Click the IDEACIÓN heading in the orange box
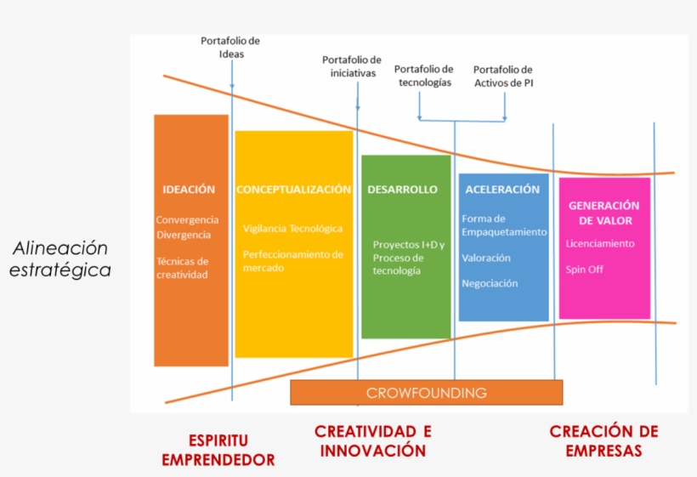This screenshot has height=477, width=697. (x=189, y=190)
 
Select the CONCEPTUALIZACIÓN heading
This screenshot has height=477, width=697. (x=293, y=190)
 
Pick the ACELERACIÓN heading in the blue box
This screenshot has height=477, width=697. (x=502, y=190)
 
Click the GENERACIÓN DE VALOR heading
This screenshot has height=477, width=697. (x=603, y=213)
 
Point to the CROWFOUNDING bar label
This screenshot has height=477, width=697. (x=426, y=393)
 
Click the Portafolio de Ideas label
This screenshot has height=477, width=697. (x=230, y=48)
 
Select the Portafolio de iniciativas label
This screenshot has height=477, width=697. (x=352, y=66)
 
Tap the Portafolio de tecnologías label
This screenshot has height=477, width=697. (x=424, y=76)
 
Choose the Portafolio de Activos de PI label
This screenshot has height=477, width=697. (x=503, y=77)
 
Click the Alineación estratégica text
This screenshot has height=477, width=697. (x=60, y=259)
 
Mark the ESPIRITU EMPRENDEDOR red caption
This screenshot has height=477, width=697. (x=218, y=451)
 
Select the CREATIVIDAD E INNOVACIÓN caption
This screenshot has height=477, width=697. (x=373, y=441)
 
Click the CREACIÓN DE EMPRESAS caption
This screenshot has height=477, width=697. (x=603, y=441)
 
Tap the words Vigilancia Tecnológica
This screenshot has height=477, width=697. (x=292, y=229)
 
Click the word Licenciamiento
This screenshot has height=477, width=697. (x=600, y=244)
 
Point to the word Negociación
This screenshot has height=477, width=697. (x=490, y=284)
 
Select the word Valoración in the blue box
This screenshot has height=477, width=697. (x=486, y=258)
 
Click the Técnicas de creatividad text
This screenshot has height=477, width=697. (x=182, y=268)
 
